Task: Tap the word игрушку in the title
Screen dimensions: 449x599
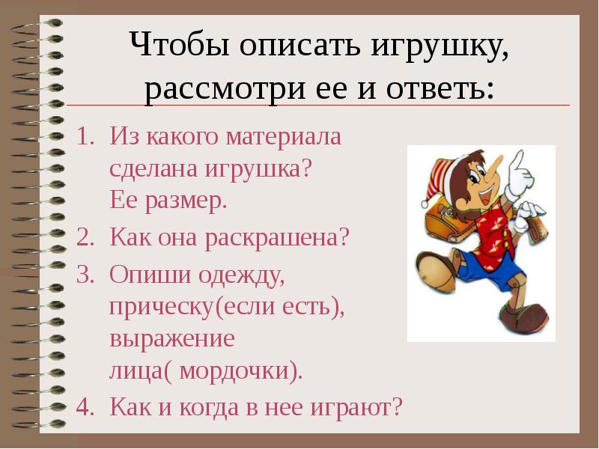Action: click(x=440, y=48)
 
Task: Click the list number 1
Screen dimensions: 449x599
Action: click(x=82, y=136)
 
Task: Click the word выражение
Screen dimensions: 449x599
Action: click(x=172, y=339)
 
